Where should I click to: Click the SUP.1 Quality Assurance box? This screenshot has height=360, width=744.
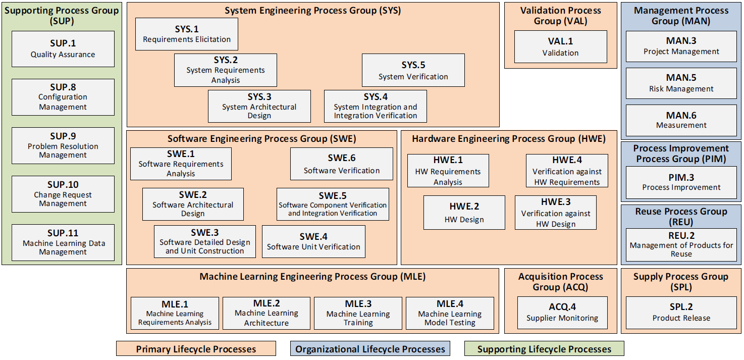coord(63,49)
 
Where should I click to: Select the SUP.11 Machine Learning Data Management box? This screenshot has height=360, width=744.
coord(63,242)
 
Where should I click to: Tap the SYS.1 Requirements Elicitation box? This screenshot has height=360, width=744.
coord(187,34)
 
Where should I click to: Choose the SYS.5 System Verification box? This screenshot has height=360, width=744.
coord(413,70)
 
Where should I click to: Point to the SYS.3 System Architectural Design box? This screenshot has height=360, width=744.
coord(259,106)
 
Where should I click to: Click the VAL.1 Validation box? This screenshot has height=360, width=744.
coord(561,47)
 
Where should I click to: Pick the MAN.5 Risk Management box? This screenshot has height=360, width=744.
coord(681,83)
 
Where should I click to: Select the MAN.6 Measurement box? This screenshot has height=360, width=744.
coord(681,120)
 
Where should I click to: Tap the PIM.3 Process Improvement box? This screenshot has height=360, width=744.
coord(681,183)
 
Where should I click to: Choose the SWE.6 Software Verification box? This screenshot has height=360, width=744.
coord(341,164)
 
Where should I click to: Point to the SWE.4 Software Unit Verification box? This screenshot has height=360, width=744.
coord(313,242)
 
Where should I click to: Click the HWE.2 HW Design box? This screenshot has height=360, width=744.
coord(464,213)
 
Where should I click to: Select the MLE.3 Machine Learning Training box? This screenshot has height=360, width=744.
coord(358,313)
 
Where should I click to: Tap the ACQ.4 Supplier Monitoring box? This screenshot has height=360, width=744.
coord(562,313)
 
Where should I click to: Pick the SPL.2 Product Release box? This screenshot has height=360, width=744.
coord(681,313)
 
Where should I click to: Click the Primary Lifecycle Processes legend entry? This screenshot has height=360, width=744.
coord(196,349)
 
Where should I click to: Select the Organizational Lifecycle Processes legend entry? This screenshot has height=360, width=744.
coord(370,349)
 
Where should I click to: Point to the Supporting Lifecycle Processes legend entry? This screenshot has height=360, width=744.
coord(544,349)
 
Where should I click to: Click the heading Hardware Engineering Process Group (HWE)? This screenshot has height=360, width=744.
coord(509,139)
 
